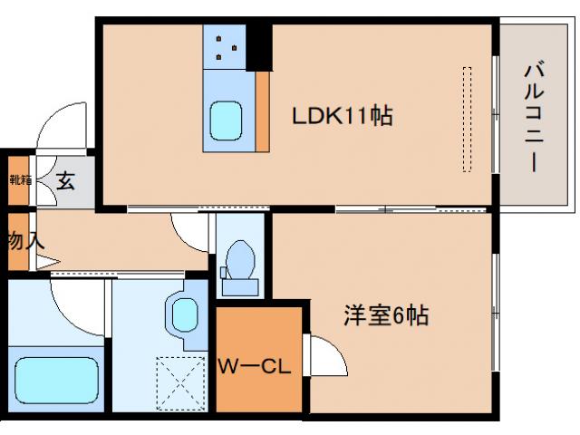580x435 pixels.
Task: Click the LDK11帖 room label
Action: (342, 117)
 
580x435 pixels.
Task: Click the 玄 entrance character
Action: (65, 180)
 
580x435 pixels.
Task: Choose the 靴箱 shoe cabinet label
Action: (19, 179)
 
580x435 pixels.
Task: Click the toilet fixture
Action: (240, 264)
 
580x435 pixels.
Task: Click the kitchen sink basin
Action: (226, 120)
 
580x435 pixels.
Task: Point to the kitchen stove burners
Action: (224, 47)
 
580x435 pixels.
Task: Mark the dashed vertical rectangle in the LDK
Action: (468, 119)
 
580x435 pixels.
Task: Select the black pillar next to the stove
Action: (258, 45)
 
